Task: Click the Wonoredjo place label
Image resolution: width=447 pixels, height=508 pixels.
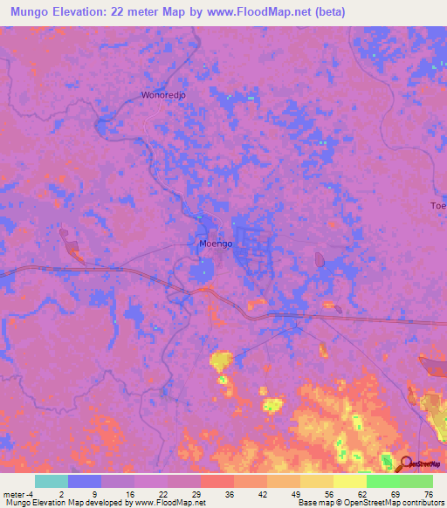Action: pyautogui.click(x=165, y=94)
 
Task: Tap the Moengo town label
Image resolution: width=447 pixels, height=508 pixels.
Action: pyautogui.click(x=216, y=244)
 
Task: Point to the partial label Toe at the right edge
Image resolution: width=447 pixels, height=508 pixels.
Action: pyautogui.click(x=437, y=205)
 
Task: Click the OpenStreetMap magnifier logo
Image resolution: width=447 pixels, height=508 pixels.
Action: pyautogui.click(x=405, y=464)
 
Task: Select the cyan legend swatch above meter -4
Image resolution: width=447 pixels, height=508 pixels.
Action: pyautogui.click(x=52, y=481)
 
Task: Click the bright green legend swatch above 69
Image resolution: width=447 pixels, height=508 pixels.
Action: pyautogui.click(x=383, y=481)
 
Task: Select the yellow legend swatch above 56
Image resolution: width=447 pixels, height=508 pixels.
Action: pyautogui.click(x=317, y=481)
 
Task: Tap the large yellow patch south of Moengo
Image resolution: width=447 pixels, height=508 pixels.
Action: pyautogui.click(x=222, y=360)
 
